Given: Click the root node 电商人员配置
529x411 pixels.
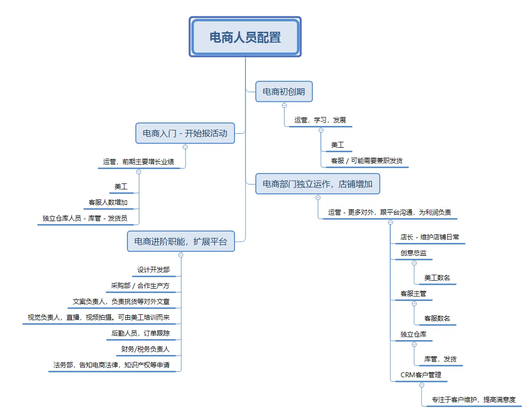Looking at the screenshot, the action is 245,37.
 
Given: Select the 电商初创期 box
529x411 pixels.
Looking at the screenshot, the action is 284,91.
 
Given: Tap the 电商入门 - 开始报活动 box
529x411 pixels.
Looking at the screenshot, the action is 185,133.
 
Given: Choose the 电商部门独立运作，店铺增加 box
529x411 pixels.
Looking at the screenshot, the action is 317,184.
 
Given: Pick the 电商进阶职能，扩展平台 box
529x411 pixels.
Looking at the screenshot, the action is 181,241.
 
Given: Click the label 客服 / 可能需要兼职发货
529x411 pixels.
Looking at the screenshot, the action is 367,161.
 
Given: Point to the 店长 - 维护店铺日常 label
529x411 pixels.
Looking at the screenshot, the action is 430,237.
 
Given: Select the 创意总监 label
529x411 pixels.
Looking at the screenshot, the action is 413,253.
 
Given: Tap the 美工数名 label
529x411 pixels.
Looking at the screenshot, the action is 437,278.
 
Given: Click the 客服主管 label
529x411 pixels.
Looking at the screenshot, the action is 413,294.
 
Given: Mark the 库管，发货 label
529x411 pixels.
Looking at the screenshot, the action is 440,359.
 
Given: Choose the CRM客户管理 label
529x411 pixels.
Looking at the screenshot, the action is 421,375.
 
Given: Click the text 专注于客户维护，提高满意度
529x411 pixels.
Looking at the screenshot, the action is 473,400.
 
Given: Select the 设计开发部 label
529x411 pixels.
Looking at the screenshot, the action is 154,270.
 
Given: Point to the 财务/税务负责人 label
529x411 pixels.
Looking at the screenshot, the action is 145,349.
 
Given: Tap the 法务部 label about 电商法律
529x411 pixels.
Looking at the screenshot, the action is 112,365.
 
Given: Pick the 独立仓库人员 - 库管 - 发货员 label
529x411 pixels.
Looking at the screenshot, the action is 85,218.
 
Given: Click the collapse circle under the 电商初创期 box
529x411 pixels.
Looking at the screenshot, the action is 285,105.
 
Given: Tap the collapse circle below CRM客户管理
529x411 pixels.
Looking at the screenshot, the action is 421,385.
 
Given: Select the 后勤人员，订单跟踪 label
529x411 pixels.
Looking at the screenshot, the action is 140,333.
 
